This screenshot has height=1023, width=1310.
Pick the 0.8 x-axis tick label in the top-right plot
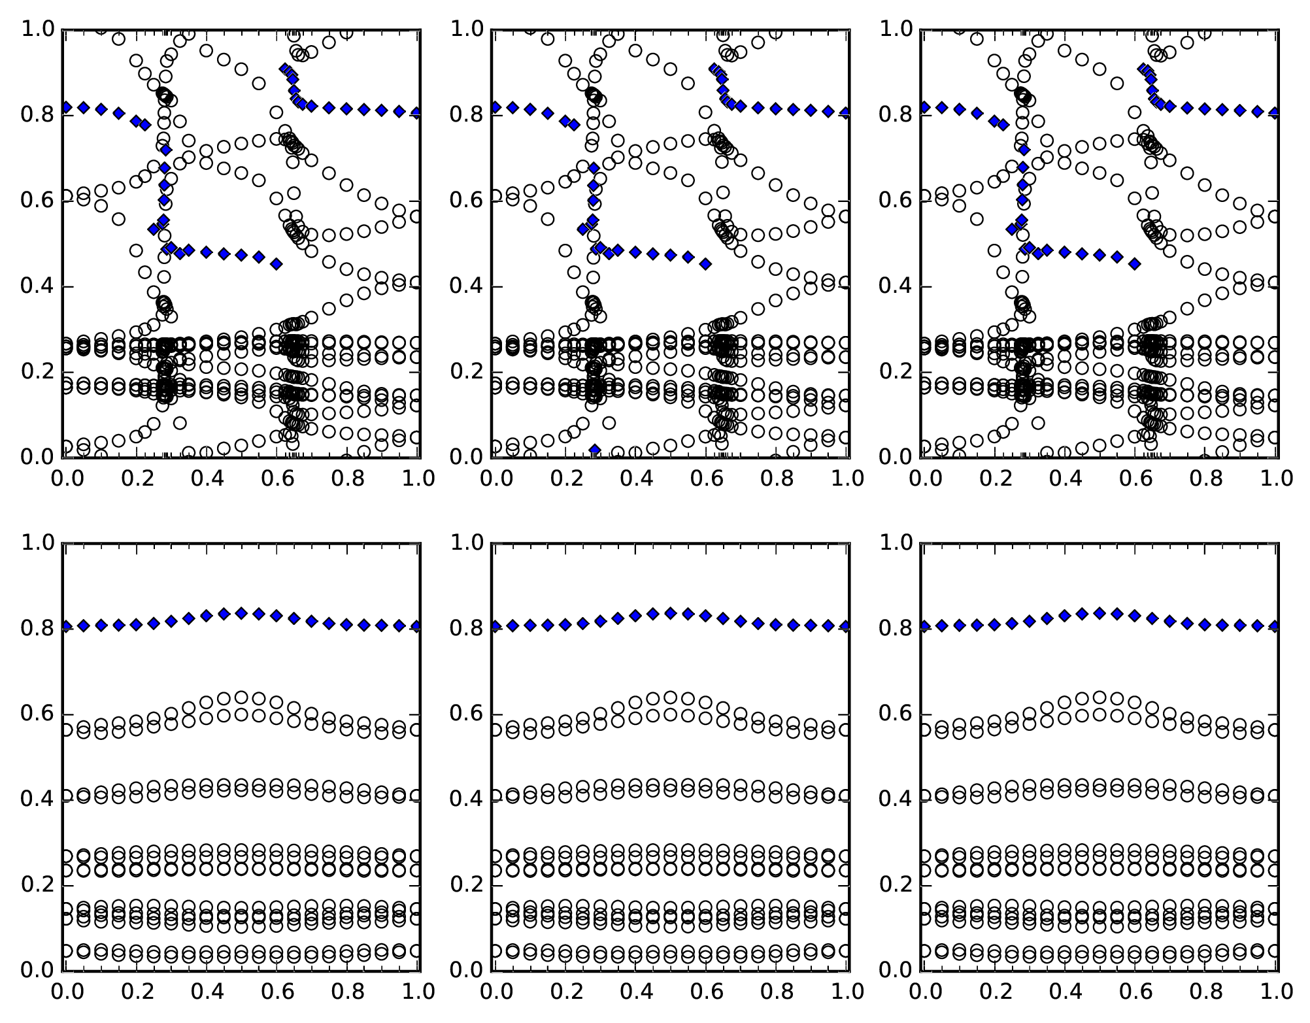pyautogui.click(x=1206, y=478)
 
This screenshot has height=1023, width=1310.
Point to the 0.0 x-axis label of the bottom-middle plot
pyautogui.click(x=494, y=992)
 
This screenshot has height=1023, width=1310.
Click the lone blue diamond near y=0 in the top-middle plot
pyautogui.click(x=594, y=450)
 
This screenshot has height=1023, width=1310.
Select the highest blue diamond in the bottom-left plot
pyautogui.click(x=241, y=613)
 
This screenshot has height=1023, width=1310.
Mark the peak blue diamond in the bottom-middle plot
pyautogui.click(x=670, y=613)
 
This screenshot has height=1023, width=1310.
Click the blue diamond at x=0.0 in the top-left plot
pyautogui.click(x=66, y=107)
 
